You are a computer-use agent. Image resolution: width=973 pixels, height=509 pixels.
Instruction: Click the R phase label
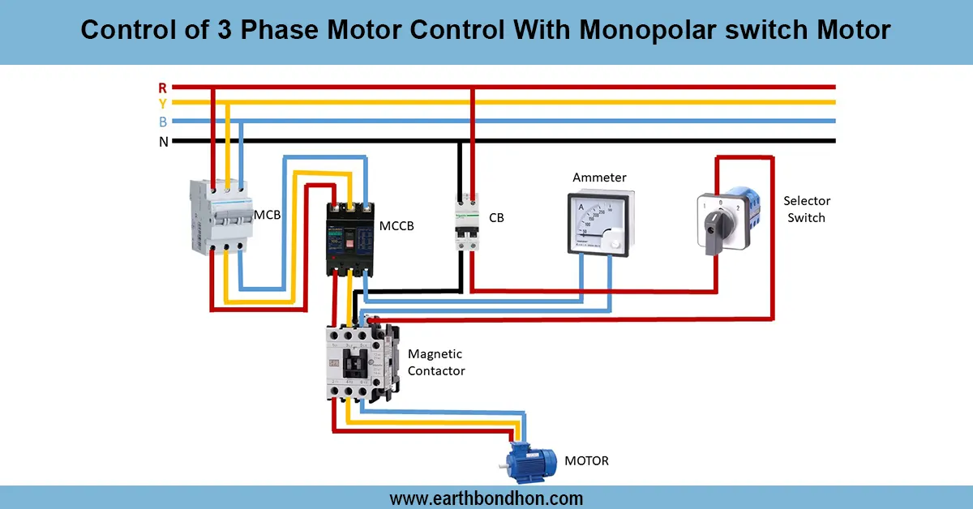coord(163,87)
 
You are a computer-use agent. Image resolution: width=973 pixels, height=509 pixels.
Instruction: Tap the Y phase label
coord(163,104)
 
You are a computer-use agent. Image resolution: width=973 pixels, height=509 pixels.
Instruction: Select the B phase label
coord(163,122)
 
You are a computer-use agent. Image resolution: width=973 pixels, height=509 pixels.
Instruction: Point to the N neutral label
coord(163,142)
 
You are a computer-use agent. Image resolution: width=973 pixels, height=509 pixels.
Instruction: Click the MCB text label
coord(268,215)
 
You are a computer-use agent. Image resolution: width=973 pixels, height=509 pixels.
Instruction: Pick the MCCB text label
coord(396,226)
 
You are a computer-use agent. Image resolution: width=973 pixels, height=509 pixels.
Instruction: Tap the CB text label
coord(496,217)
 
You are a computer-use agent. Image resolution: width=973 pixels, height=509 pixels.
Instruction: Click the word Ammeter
coord(599,178)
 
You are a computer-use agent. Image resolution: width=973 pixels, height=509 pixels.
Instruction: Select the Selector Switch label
coord(807,209)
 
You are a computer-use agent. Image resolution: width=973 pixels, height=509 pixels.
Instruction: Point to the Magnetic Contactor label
coord(436,362)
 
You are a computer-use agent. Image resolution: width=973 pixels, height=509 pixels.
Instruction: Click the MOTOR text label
coord(586,461)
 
